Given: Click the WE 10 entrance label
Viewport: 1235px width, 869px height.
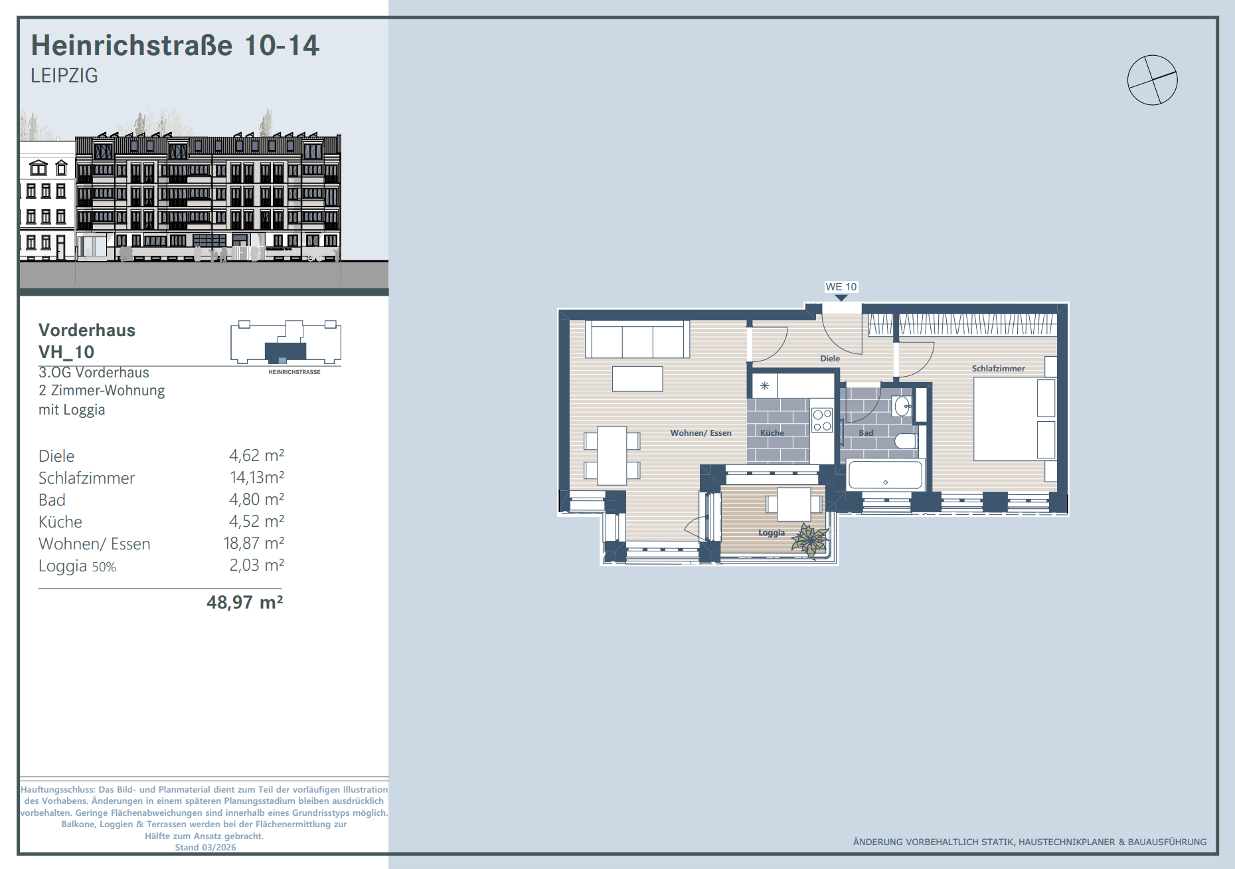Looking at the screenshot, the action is [841, 287].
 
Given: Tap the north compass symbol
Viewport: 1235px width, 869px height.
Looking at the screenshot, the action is [1153, 80].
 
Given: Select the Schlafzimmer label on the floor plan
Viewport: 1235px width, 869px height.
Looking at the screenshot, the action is [998, 369].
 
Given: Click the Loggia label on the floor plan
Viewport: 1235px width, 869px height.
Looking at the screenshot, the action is [772, 533].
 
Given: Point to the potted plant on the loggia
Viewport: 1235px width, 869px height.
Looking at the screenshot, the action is [810, 539].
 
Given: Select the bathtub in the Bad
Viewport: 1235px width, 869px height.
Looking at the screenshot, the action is [885, 475].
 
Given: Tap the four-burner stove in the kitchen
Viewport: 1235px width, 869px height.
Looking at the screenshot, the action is [822, 421].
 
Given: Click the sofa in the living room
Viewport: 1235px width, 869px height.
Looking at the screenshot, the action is [637, 339].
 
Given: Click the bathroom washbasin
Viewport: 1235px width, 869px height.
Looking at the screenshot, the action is [902, 406].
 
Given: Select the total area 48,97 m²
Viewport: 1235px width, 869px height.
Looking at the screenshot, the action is [245, 603].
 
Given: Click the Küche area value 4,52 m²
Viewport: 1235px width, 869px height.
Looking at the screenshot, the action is [256, 521].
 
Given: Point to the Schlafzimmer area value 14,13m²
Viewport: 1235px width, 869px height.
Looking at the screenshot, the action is [257, 477].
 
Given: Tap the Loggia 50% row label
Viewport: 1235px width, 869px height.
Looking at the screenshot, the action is [77, 566].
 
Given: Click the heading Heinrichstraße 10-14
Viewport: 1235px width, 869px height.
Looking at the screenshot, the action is [175, 45].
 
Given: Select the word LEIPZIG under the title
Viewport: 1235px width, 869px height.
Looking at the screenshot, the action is [64, 76].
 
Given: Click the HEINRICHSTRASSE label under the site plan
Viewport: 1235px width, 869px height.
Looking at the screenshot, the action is [294, 372].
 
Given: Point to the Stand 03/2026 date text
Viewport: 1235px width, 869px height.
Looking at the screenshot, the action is [205, 847].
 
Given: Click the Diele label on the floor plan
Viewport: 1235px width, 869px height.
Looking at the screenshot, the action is [830, 359].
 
